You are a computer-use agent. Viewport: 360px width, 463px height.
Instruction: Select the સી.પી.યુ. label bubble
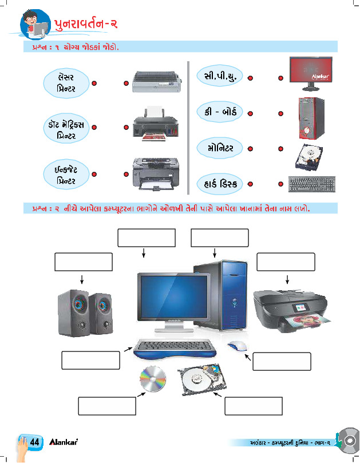[x=220, y=75]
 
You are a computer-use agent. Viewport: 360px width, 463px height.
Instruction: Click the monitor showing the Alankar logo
[x=310, y=73]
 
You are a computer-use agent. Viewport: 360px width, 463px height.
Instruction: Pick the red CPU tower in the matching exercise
[x=310, y=118]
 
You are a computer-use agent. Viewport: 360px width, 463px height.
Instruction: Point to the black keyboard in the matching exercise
[x=311, y=184]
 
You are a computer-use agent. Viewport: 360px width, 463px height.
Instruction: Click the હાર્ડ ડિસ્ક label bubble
[x=220, y=184]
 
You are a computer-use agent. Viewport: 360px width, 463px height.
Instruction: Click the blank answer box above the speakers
[x=84, y=262]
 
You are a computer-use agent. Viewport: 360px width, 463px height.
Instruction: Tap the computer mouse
[x=238, y=346]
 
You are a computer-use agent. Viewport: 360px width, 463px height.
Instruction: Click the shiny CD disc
[x=152, y=378]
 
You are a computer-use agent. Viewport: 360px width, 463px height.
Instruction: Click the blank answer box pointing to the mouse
[x=282, y=362]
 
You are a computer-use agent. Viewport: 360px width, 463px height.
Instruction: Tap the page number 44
[x=34, y=442]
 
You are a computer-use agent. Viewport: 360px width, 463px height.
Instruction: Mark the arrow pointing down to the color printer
[x=287, y=280]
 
